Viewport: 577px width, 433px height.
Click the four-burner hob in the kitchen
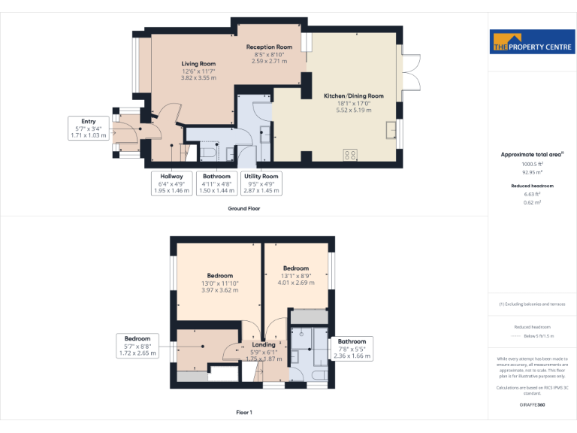pos(350,155)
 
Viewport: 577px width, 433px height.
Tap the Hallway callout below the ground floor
pos(171,183)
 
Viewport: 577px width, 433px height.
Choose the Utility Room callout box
pos(262,183)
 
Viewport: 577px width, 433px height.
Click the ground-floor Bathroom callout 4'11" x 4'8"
pos(216,183)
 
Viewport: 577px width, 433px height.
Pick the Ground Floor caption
pos(244,208)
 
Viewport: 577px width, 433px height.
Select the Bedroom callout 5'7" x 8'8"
pos(137,346)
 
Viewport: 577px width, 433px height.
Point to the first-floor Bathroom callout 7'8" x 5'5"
pos(352,348)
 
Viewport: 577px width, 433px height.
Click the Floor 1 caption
pos(244,412)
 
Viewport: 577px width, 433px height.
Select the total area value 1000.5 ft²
pos(532,163)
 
